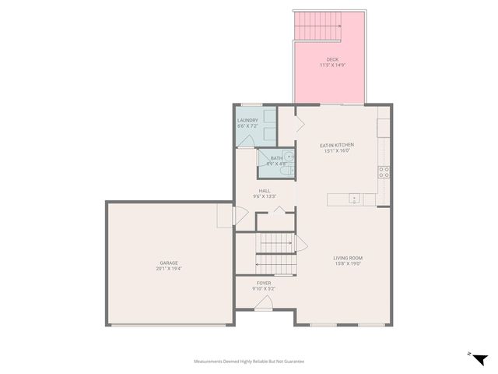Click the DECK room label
[x=332, y=59]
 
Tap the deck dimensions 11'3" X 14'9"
[x=332, y=65]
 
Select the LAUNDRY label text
[x=247, y=120]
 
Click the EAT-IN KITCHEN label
[x=337, y=145]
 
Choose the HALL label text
[x=265, y=191]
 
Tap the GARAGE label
[x=169, y=263]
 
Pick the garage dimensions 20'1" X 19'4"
[x=169, y=269]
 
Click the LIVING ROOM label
[x=348, y=258]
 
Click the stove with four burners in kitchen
[x=383, y=172]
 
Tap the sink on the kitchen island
[x=354, y=199]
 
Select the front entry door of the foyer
[x=264, y=305]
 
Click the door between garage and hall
[x=224, y=216]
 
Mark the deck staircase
[x=319, y=29]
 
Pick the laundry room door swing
[x=246, y=141]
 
